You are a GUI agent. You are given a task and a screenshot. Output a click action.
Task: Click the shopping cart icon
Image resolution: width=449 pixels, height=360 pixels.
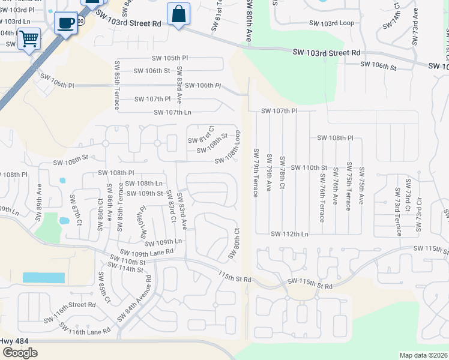pos(28,39)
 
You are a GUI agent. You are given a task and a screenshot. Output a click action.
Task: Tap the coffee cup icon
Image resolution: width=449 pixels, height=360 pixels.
pos(65,23)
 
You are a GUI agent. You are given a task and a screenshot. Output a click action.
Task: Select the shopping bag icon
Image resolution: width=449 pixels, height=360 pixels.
pos(179,14)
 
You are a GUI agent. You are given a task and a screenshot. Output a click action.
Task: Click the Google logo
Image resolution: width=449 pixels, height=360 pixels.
pos(20,352)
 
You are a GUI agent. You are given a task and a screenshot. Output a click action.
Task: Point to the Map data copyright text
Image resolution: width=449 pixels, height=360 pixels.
pos(423,355)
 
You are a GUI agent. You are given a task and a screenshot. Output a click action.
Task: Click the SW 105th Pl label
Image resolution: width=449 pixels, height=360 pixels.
pos(169,58)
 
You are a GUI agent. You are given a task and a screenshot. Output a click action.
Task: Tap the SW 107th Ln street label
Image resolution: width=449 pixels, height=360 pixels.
pos(172,112)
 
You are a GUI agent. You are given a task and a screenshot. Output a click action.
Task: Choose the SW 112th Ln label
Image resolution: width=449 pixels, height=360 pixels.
pos(289,234)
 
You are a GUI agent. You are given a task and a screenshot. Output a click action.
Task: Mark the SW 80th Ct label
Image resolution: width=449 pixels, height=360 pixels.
pos(234,244)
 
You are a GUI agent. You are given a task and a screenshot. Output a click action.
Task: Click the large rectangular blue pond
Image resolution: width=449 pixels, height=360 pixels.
pos(43,278)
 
